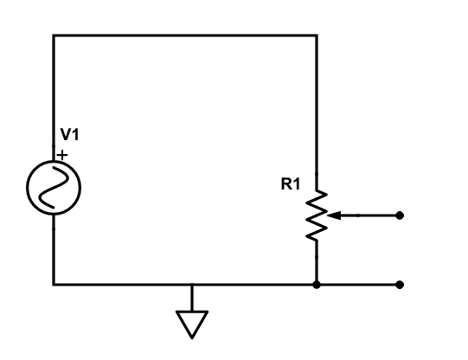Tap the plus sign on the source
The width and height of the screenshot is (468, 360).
point(62,155)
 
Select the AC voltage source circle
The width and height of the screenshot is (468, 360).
point(54,186)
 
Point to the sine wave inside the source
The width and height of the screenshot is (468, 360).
point(54,186)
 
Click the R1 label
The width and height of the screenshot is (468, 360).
point(292,184)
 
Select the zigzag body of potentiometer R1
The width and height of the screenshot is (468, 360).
point(317,215)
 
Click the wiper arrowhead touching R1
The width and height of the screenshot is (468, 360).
point(335,215)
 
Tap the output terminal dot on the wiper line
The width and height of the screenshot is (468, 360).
point(399,215)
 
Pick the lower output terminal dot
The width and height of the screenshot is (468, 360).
point(399,284)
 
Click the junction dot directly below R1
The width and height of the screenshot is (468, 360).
point(317,284)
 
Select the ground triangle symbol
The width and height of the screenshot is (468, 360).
point(191,322)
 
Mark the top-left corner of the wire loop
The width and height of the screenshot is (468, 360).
point(54,35)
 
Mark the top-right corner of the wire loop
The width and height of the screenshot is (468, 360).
point(317,35)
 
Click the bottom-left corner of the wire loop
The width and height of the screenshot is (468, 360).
point(54,284)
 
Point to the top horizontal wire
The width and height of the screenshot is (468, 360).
point(185,35)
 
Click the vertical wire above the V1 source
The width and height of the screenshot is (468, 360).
point(54,95)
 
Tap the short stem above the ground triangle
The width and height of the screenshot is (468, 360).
point(191,297)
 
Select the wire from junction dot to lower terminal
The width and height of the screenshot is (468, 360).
point(358,284)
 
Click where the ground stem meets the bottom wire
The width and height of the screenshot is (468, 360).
point(191,284)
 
